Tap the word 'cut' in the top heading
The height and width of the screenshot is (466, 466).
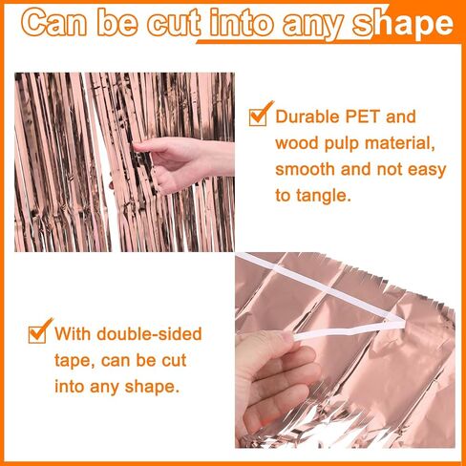point(174,23)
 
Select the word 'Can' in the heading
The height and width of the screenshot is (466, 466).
point(53,23)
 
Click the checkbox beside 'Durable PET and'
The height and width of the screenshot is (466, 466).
point(258,116)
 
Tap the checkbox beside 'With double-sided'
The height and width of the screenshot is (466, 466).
point(37,334)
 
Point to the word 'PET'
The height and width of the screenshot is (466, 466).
point(363,116)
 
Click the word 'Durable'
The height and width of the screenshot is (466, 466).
point(307,116)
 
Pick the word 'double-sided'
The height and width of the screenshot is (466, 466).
point(149,334)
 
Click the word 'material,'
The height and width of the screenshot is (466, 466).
point(400,143)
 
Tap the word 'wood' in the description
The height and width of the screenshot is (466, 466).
point(297,143)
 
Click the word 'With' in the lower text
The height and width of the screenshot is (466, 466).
point(73,334)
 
